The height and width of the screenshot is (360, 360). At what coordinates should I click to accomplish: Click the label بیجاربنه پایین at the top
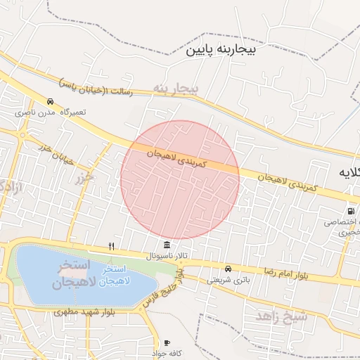click(223, 51)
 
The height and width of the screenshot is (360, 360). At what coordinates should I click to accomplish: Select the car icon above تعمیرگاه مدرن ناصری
click(50, 101)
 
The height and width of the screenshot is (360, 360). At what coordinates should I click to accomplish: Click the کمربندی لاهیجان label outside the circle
click(287, 183)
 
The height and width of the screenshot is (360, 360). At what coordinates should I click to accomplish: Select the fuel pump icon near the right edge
click(349, 211)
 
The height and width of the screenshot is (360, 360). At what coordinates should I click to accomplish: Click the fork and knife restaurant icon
click(111, 246)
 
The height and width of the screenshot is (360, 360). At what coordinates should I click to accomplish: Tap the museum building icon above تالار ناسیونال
click(166, 245)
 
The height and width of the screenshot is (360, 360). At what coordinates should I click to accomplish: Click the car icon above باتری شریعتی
click(228, 269)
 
